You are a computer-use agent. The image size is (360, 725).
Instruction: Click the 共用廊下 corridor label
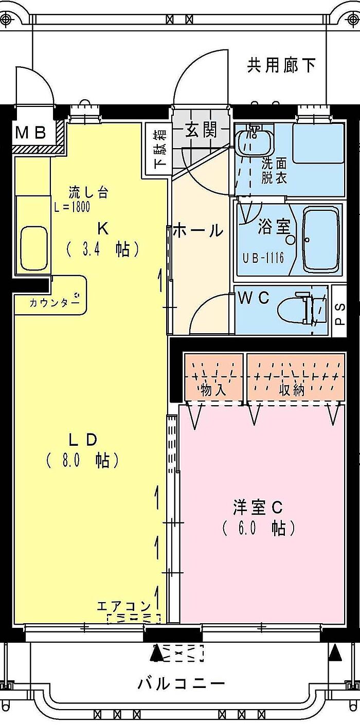(x=281, y=65)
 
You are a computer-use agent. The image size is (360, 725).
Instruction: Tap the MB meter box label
(x=31, y=133)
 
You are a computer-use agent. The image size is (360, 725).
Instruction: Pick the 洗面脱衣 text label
(x=274, y=171)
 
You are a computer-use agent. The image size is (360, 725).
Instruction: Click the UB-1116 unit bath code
(x=264, y=257)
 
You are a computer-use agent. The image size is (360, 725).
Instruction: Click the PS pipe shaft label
(x=340, y=313)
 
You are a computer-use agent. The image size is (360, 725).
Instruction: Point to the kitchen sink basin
(x=34, y=247)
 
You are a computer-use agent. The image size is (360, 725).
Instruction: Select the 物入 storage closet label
(x=213, y=390)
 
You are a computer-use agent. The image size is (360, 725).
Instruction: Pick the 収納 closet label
(x=292, y=390)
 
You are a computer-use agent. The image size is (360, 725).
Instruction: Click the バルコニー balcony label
(x=181, y=684)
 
